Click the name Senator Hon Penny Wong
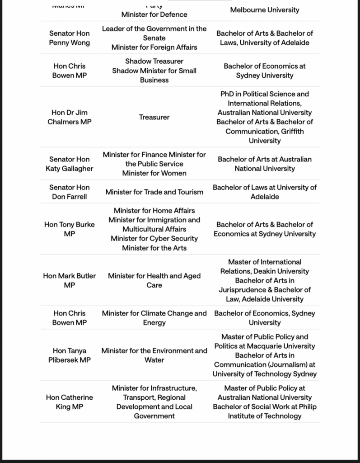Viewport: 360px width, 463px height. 70,38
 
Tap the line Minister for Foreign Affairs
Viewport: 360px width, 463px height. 154,47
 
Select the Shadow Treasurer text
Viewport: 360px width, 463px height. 154,61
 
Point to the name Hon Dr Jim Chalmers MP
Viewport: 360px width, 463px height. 70,117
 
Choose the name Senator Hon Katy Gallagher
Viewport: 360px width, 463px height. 70,164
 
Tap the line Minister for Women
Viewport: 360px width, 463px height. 154,173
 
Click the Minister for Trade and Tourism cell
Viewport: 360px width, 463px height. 154,192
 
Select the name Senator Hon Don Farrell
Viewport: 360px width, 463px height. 70,192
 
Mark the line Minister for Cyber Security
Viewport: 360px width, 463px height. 154,238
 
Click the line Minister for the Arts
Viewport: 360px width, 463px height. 154,248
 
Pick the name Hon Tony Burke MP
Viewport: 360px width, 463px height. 70,229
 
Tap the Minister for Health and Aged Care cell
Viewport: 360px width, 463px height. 154,280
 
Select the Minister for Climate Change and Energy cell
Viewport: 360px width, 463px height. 154,318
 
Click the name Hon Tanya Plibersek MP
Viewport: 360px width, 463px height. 70,355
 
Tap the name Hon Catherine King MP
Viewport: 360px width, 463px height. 70,402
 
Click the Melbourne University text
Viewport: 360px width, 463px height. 264,9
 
